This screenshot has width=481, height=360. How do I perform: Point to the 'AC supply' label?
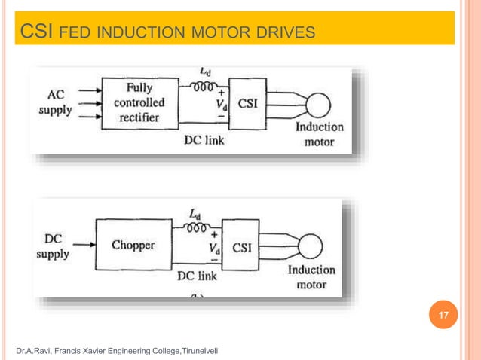pyautogui.click(x=55, y=102)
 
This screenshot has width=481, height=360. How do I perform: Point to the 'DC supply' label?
pyautogui.click(x=53, y=246)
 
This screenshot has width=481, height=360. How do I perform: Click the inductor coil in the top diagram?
pyautogui.click(x=201, y=86)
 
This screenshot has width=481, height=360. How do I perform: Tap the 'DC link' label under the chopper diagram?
pyautogui.click(x=197, y=276)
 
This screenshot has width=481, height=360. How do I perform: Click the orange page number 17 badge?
pyautogui.click(x=443, y=314)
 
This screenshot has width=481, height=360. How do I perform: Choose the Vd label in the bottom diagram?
pyautogui.click(x=214, y=248)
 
